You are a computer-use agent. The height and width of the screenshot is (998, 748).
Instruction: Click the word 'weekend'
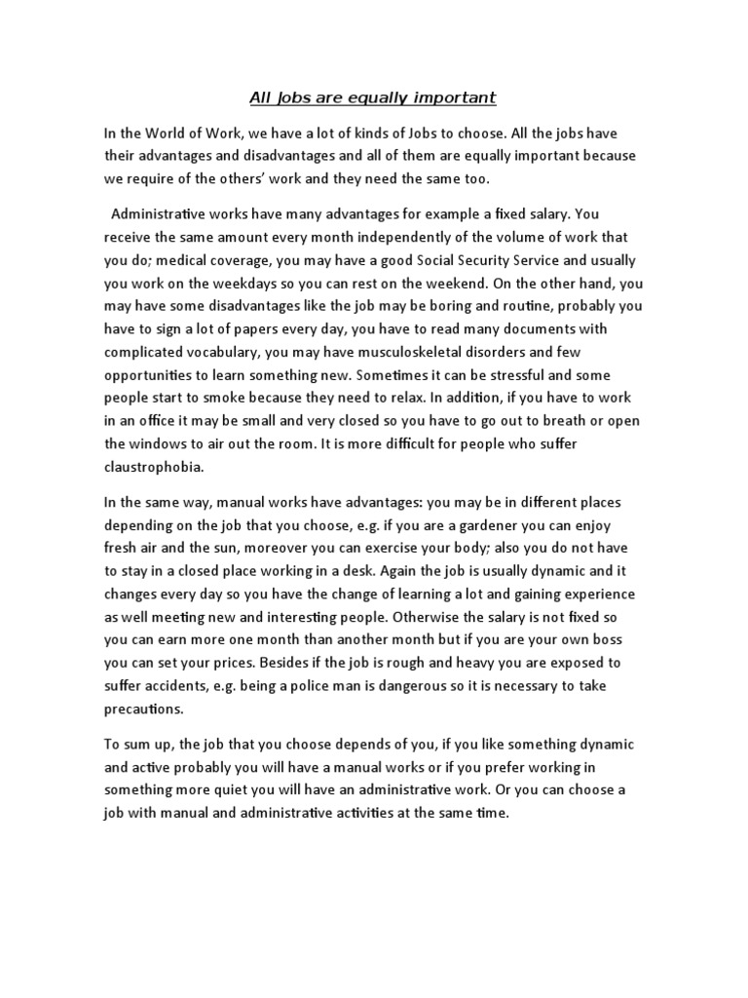tap(461, 283)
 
